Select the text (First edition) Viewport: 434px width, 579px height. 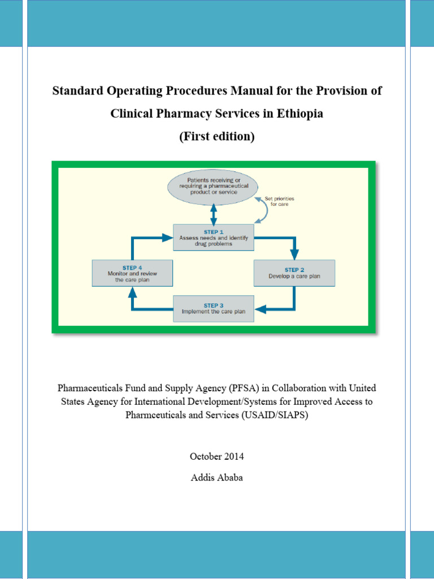(x=217, y=136)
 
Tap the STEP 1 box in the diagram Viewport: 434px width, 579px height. (x=214, y=237)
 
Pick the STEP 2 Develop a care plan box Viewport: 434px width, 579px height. (x=294, y=273)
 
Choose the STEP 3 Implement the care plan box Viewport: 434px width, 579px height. (x=213, y=308)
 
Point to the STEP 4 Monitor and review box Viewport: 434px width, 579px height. (x=132, y=273)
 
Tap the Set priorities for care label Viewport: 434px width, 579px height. (x=279, y=202)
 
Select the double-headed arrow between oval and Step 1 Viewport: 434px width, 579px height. (x=214, y=213)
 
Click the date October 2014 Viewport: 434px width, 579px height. (x=217, y=456)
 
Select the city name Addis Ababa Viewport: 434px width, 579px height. (x=217, y=477)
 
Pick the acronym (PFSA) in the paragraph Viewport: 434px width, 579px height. (x=244, y=388)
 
